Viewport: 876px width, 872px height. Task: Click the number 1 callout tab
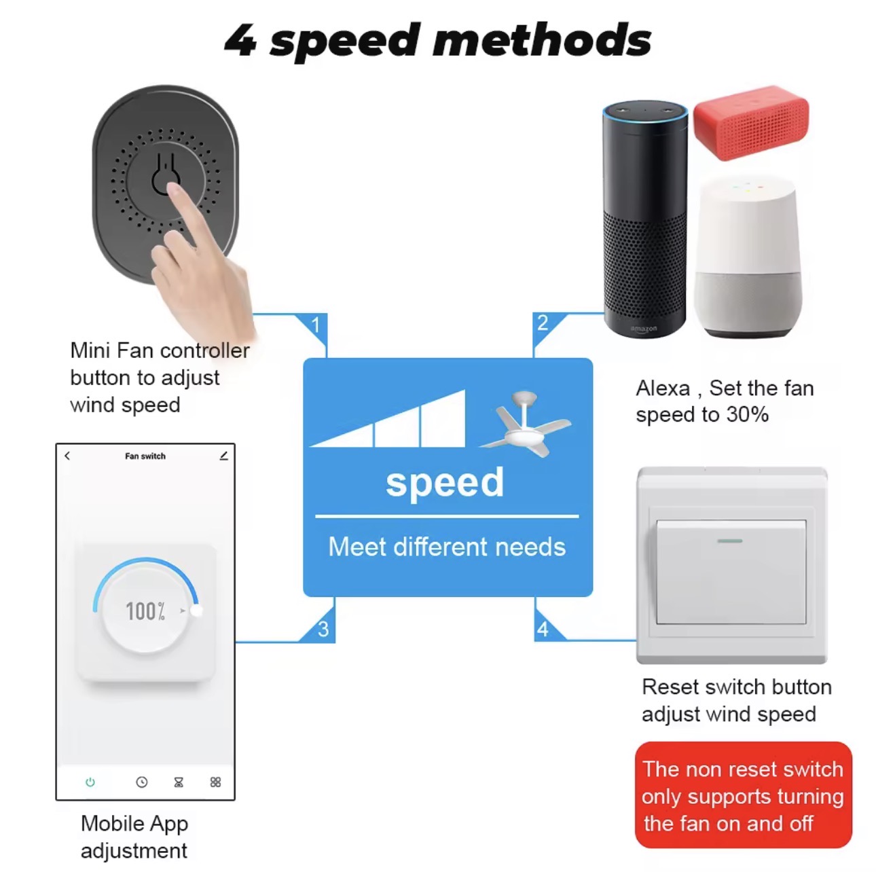click(316, 325)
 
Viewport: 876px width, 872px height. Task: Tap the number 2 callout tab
click(542, 323)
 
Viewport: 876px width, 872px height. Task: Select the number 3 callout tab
click(323, 630)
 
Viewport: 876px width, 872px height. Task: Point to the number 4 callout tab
click(543, 630)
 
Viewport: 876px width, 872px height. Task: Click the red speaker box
click(751, 122)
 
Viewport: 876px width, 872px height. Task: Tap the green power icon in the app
click(90, 782)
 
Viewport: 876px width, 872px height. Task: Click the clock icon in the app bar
click(141, 782)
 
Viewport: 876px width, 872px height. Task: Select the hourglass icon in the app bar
click(179, 782)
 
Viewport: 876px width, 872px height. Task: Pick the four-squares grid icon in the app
click(216, 782)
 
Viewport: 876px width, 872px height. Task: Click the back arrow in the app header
click(67, 456)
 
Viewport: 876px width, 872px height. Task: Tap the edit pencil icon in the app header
click(223, 456)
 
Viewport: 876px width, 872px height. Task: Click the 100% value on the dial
click(145, 611)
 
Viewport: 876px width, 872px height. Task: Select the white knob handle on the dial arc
click(196, 611)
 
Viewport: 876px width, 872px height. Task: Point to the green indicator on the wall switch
click(730, 541)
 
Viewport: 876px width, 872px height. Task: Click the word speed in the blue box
click(445, 483)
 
